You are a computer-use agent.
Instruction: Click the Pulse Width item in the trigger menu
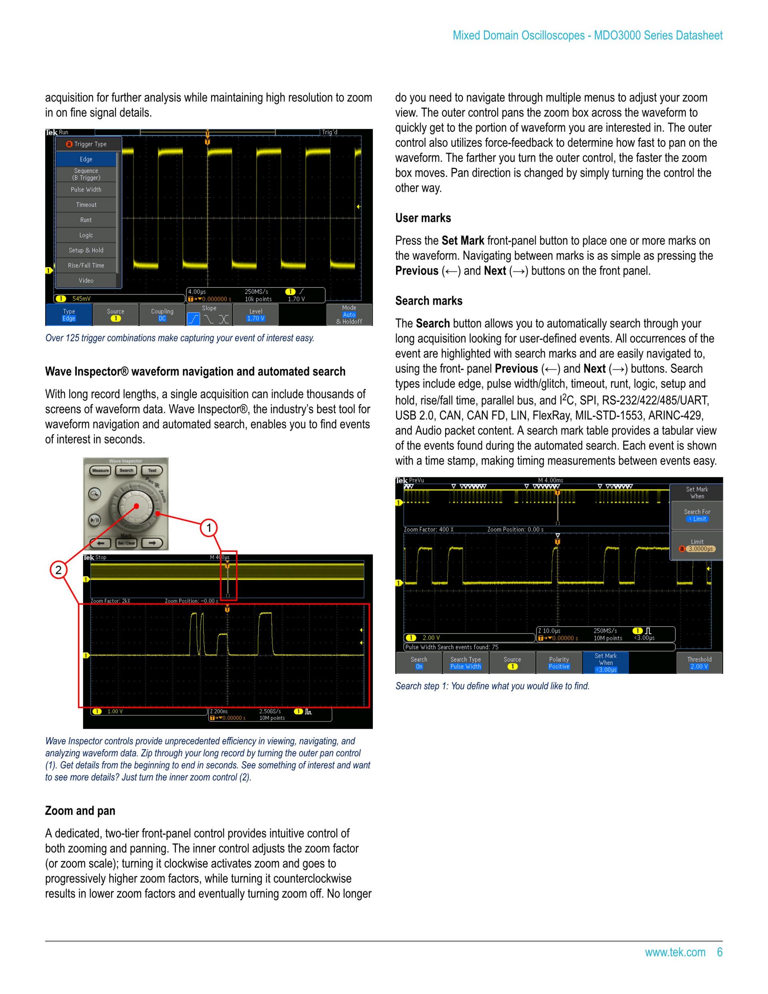[86, 190]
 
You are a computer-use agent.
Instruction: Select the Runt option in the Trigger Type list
[86, 220]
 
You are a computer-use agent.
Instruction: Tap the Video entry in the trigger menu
[86, 281]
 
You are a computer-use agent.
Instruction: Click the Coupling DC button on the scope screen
[162, 315]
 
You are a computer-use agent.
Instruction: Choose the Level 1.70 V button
[255, 315]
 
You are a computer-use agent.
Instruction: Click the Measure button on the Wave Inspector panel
[100, 471]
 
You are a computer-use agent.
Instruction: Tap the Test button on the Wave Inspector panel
[152, 471]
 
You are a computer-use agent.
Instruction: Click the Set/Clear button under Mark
[126, 543]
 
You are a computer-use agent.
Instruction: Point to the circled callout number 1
[209, 528]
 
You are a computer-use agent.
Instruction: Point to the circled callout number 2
[58, 570]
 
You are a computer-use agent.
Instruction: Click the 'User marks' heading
[423, 218]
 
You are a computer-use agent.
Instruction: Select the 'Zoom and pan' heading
[80, 811]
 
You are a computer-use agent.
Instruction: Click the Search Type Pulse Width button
[466, 663]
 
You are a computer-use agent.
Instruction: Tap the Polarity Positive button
[559, 663]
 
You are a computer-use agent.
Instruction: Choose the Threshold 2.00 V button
[699, 663]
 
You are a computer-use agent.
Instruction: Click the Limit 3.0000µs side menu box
[697, 545]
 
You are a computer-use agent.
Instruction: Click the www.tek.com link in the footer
[675, 952]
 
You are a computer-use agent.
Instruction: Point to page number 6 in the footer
[719, 952]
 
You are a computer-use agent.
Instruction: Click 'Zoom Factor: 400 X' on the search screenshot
[428, 530]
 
